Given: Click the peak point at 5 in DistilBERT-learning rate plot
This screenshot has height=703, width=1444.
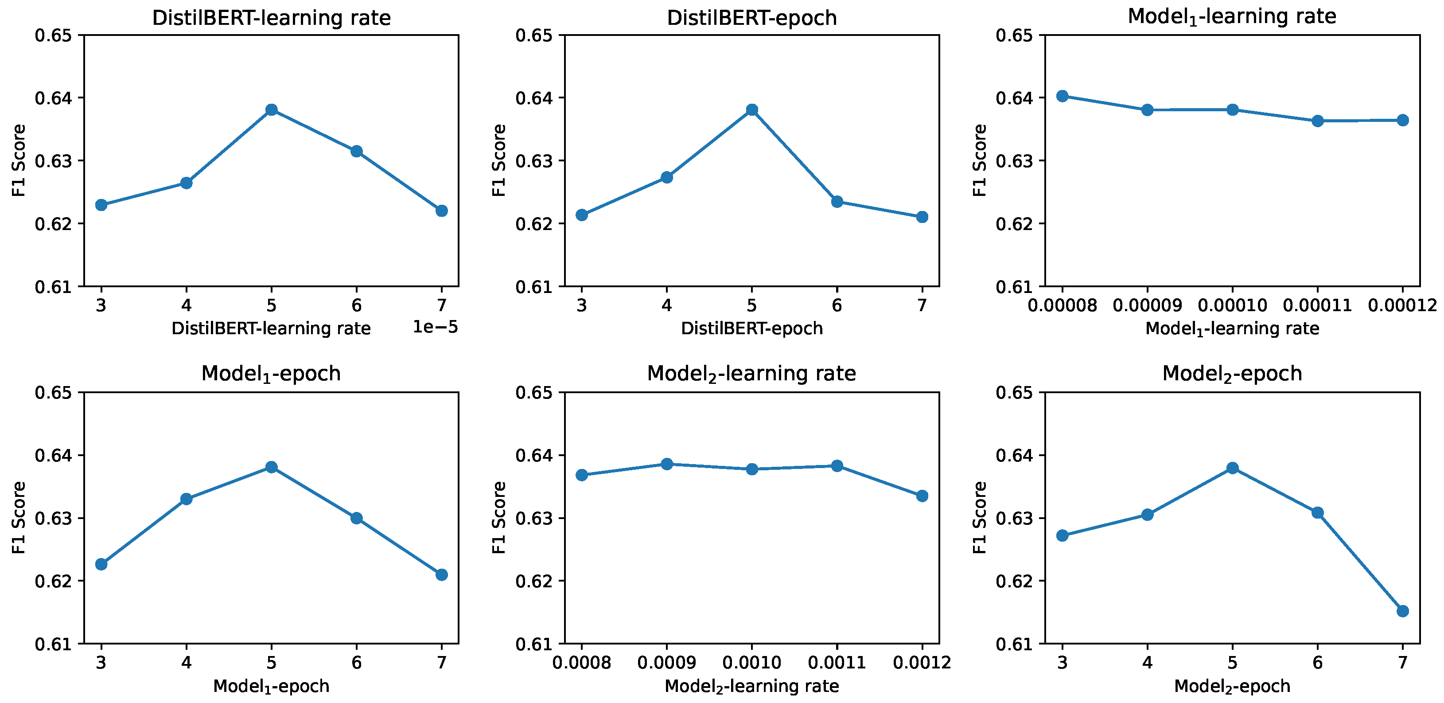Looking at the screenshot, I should [271, 109].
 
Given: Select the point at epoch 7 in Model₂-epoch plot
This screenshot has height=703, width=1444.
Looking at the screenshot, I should [1402, 610].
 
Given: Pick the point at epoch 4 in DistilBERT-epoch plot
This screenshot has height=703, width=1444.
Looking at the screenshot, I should [666, 177].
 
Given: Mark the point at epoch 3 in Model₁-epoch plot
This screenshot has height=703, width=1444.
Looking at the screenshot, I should [101, 564].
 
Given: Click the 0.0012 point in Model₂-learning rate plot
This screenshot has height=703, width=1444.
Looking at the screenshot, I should [922, 496].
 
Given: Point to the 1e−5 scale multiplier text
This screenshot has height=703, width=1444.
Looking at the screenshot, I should [435, 327].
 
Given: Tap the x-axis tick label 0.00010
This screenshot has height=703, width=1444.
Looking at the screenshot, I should [1232, 305].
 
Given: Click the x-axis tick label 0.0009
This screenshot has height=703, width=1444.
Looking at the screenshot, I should [666, 663].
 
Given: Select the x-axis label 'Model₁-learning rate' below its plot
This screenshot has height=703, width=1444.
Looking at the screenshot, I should [1232, 328].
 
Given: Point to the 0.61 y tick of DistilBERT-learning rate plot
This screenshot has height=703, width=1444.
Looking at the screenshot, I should [53, 288].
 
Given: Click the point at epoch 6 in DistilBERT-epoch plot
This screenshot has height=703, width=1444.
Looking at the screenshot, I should [837, 201].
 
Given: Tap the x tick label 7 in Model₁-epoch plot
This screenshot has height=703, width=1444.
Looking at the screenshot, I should [442, 663].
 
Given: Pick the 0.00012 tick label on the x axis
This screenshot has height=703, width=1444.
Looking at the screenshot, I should [1402, 305].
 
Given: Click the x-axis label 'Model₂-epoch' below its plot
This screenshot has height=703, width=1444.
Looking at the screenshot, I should [1232, 686].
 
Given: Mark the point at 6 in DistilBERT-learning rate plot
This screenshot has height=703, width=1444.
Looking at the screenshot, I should [357, 151].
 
